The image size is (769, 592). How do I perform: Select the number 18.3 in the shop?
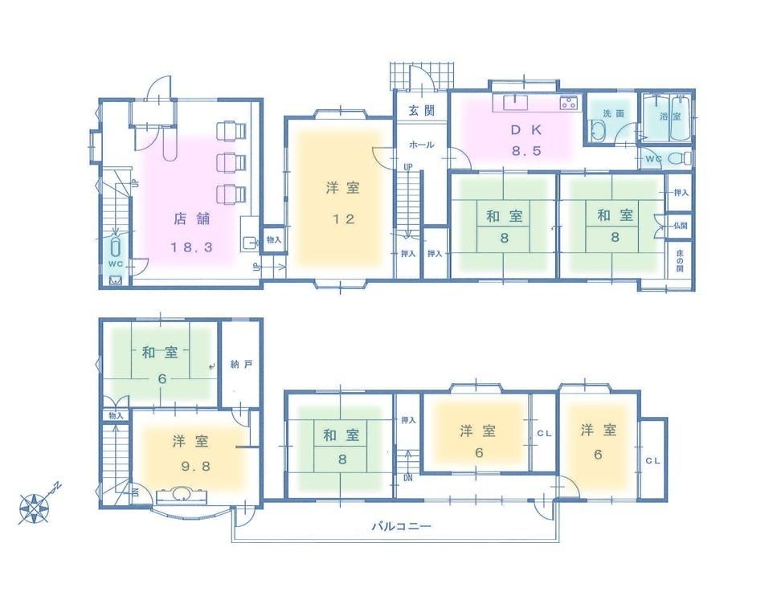pos(190,247)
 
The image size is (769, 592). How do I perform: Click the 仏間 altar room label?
pos(681,227)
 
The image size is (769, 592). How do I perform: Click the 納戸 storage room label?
pos(240,364)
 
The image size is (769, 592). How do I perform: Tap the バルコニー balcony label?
pos(401,527)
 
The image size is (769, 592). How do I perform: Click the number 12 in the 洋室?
pos(342,219)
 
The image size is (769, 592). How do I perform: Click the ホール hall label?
pos(421,145)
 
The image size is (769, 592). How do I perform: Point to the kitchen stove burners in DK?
pos(569,102)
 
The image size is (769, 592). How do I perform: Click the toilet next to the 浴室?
pos(680,159)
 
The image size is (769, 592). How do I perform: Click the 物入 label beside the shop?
pos(272,239)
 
